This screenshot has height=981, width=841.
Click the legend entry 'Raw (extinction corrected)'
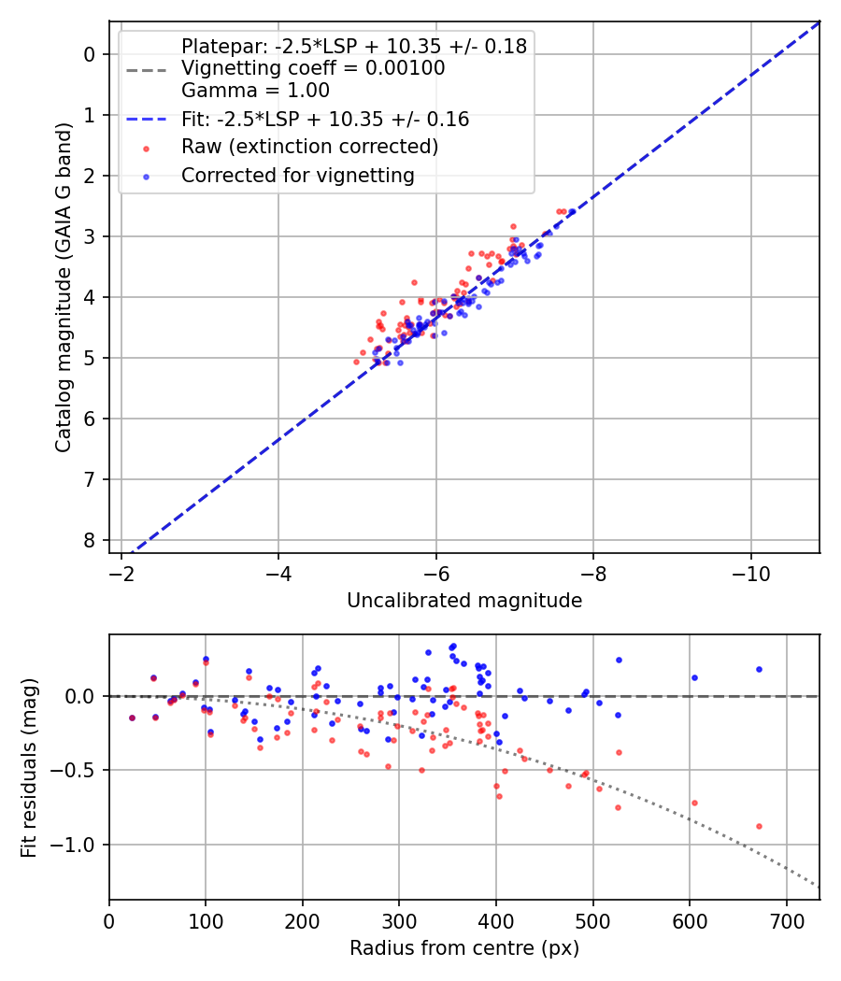coord(309,147)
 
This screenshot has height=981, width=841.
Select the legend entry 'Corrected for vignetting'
coord(297,175)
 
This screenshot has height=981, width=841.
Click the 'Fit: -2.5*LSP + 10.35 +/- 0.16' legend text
coord(325,120)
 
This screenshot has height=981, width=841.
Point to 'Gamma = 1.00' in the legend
coord(255,92)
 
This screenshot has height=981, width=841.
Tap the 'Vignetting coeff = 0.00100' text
coord(313,68)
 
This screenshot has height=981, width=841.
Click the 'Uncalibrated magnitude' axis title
coord(464,601)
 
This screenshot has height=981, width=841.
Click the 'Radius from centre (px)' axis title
coord(464,948)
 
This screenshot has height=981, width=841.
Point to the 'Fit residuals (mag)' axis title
coord(29,767)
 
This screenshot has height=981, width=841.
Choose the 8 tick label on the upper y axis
coord(90,541)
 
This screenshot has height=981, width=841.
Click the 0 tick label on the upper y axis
coord(90,54)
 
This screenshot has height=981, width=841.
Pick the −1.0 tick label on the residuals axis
coord(78,845)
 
